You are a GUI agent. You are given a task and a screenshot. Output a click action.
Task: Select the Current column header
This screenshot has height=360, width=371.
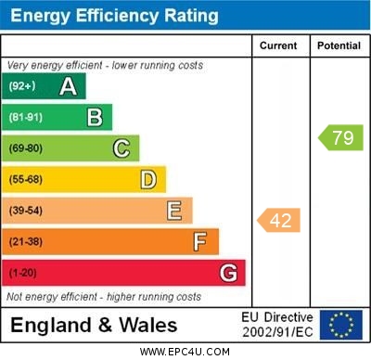click(x=278, y=45)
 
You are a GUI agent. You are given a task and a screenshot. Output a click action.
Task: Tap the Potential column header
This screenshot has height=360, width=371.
click(x=339, y=45)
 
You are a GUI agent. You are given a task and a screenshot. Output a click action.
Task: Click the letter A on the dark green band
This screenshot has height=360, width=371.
click(x=68, y=87)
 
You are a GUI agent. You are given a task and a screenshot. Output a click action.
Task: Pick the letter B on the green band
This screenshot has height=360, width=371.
click(x=95, y=118)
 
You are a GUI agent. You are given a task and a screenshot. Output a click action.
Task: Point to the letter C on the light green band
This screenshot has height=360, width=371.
click(x=122, y=148)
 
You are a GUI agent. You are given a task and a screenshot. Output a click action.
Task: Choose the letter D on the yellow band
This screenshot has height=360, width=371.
click(x=148, y=179)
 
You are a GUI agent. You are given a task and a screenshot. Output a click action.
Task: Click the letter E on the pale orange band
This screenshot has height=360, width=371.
click(x=174, y=211)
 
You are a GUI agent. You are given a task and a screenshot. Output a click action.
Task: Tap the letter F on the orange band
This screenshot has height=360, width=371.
click(x=200, y=242)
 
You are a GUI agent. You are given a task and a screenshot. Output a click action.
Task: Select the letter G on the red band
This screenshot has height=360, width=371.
click(x=228, y=273)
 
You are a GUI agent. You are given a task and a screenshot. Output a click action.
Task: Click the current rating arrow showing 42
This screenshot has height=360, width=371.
click(x=278, y=221)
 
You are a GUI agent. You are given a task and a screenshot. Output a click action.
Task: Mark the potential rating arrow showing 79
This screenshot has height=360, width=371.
click(x=340, y=138)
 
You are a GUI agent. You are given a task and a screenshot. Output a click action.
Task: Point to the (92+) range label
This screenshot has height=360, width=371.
click(x=22, y=87)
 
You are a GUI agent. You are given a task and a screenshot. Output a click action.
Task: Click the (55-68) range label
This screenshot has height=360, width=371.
click(x=26, y=180)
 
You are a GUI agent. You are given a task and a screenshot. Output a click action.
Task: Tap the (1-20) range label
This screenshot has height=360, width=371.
click(x=23, y=274)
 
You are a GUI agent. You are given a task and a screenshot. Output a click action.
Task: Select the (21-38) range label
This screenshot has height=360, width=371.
click(x=26, y=242)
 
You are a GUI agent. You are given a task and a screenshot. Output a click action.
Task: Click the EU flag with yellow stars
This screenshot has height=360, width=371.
click(x=340, y=325)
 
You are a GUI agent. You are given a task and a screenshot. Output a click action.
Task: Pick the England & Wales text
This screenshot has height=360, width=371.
click(x=94, y=326)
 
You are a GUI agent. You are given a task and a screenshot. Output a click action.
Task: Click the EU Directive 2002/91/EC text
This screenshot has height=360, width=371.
click(x=279, y=325)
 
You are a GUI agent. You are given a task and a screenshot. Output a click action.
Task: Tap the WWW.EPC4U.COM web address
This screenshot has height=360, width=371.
click(x=185, y=353)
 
